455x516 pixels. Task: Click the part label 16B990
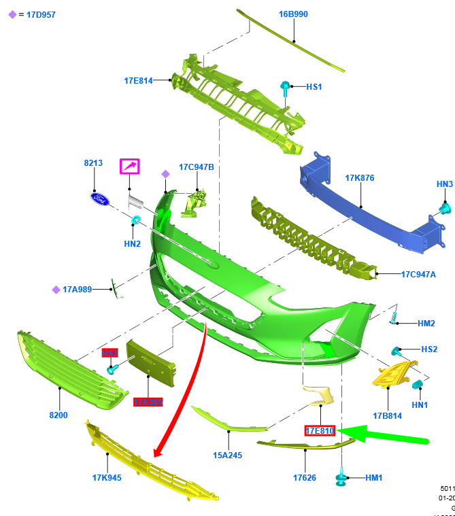coord(293,14)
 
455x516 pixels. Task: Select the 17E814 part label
coord(138,80)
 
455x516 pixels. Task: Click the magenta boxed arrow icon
coord(129,167)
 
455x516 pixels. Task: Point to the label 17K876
coord(360,178)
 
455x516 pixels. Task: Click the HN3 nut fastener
coord(445,207)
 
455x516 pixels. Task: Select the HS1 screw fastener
coord(285,88)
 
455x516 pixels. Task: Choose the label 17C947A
coord(418,275)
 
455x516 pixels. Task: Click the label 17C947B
coord(197,167)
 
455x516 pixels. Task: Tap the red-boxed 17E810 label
coord(320,430)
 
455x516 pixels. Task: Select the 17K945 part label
coord(107,477)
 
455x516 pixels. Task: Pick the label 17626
coord(305,477)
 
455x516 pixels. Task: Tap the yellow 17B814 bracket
coord(391,375)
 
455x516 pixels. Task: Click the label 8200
coord(58,415)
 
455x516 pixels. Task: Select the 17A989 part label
coord(77,290)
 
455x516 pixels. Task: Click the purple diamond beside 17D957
coord(12,14)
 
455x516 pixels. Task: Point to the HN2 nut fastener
coord(137,220)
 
